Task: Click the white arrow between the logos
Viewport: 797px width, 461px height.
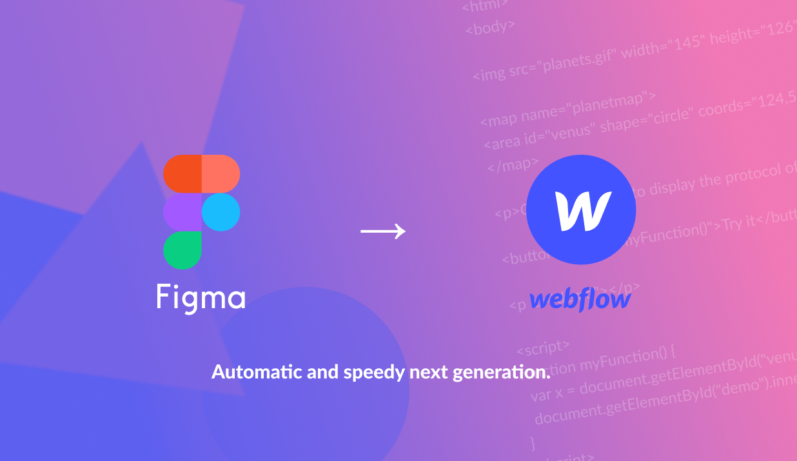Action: pos(383,231)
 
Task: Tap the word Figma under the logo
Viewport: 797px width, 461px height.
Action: pos(201,297)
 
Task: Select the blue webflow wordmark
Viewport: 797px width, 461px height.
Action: pos(579,299)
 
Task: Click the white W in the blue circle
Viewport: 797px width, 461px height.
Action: pos(582,211)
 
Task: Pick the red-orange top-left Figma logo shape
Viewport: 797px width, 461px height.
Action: pos(182,173)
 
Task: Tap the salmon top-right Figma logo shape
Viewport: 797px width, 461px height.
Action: pos(221,173)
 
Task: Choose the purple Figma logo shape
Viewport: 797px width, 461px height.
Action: pos(182,211)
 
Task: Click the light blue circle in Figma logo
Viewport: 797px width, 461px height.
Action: pos(221,211)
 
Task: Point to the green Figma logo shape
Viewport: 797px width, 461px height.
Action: pos(182,250)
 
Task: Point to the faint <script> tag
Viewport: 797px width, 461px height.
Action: pos(543,348)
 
